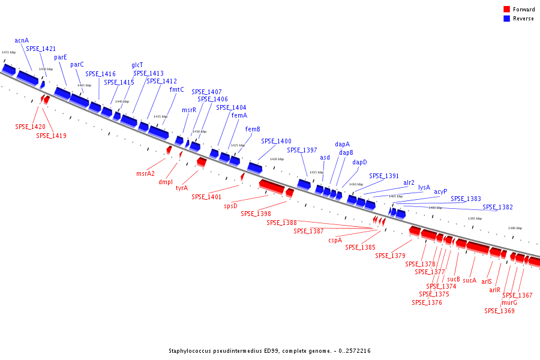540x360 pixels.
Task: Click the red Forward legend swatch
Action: click(x=506, y=9)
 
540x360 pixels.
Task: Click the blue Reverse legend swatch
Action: click(x=506, y=18)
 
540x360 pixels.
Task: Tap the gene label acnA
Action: click(x=22, y=41)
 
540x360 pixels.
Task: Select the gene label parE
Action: click(x=61, y=58)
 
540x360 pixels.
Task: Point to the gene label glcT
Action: click(x=137, y=65)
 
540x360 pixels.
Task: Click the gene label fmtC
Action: click(x=177, y=90)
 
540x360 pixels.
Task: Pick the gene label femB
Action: click(x=253, y=130)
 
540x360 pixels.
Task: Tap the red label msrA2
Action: click(x=146, y=174)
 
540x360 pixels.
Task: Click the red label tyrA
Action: click(x=182, y=188)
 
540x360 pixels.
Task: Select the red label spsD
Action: click(x=231, y=206)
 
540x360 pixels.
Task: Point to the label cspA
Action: click(x=335, y=241)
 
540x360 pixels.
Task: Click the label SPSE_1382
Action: click(x=498, y=208)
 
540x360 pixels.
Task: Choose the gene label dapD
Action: click(x=359, y=163)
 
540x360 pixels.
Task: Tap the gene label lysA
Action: click(x=424, y=187)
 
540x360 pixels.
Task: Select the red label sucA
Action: click(x=469, y=280)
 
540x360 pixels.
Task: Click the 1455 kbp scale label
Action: click(x=8, y=52)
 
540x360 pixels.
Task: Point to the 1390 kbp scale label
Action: click(x=515, y=228)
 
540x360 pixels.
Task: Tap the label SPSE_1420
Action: click(x=30, y=127)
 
